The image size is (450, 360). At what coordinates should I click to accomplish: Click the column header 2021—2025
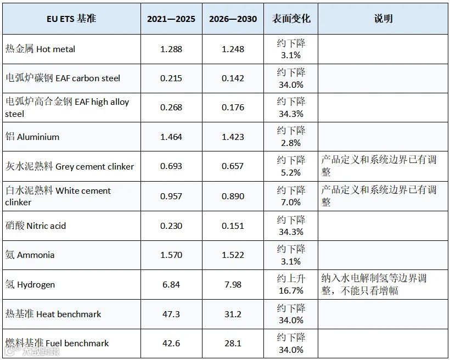[x=171, y=19]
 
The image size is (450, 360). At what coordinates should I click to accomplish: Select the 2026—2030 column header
[x=233, y=19]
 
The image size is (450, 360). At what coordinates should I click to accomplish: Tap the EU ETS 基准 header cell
[x=71, y=19]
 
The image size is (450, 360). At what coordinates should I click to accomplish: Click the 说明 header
[x=383, y=19]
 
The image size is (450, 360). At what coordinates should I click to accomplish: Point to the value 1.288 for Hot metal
[x=171, y=49]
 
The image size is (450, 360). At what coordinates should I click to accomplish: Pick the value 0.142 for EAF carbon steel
[x=233, y=78]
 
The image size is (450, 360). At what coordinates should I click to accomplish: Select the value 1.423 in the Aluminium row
[x=233, y=137]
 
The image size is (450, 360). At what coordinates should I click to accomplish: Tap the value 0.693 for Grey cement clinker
[x=171, y=166]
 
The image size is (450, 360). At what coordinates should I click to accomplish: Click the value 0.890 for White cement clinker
[x=233, y=196]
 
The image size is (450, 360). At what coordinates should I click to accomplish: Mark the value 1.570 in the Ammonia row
[x=171, y=255]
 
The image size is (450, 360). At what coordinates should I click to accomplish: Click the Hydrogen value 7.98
[x=233, y=284]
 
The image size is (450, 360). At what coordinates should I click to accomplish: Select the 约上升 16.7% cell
[x=291, y=284]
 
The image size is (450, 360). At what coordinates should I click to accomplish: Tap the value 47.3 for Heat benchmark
[x=171, y=314]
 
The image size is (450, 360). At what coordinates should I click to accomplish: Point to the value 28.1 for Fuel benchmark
[x=233, y=344]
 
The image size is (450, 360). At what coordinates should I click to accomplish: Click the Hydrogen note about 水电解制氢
[x=374, y=284]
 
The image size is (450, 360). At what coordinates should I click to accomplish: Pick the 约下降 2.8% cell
[x=291, y=137]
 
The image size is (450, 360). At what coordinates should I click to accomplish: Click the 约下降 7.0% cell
[x=291, y=196]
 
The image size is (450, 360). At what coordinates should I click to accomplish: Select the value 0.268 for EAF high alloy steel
[x=171, y=108]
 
